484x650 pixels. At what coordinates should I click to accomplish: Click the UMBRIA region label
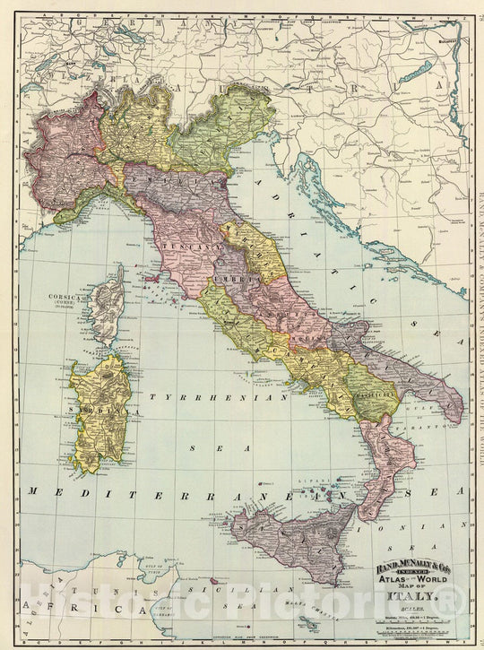point(238,280)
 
